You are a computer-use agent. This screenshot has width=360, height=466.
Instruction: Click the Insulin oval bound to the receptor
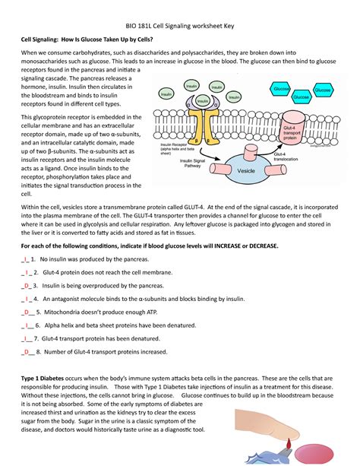point(204,100)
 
